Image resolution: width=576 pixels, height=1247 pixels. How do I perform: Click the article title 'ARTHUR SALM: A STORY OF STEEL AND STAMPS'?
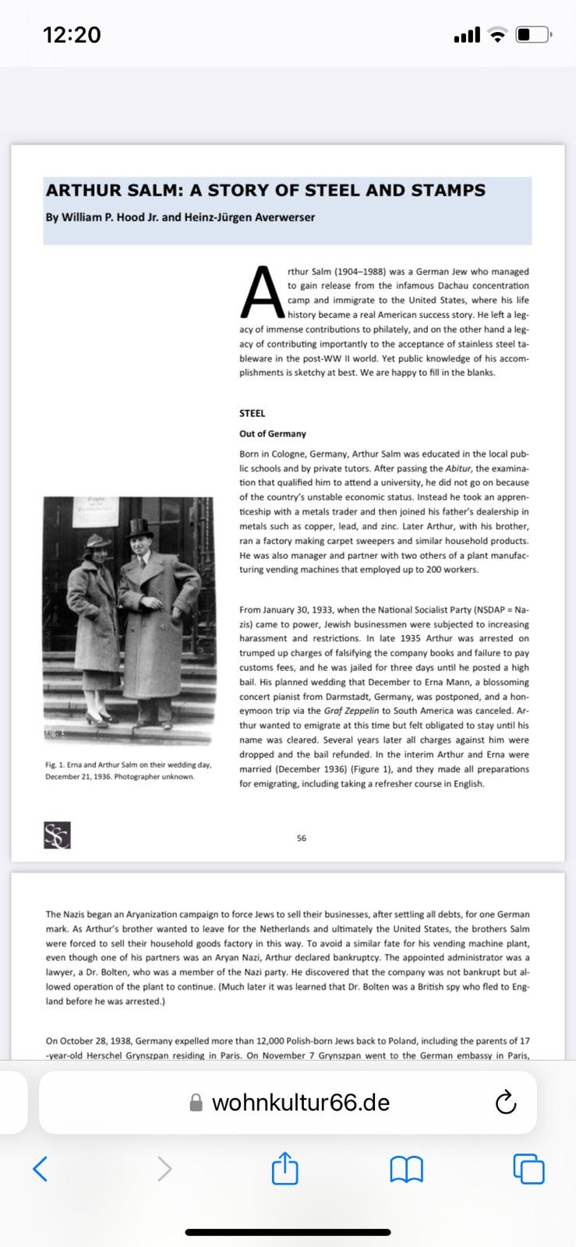265,190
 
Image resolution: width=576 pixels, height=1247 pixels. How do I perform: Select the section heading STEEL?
252,413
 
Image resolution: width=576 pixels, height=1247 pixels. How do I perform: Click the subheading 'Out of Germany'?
272,433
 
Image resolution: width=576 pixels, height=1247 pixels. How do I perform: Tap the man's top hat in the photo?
140,528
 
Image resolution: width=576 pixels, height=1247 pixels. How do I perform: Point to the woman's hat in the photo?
98,540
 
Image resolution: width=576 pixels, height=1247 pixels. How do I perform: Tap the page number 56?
302,838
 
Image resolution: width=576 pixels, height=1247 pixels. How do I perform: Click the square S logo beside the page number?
57,835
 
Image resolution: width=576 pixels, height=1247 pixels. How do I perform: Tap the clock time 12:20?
72,34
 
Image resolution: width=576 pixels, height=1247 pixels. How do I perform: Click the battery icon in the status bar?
534,34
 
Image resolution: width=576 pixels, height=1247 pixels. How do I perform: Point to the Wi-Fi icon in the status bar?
497,34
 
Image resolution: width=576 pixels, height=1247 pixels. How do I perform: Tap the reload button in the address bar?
506,1102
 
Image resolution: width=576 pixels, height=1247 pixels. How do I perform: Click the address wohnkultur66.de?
301,1102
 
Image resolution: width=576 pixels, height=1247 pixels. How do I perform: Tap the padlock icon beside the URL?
196,1103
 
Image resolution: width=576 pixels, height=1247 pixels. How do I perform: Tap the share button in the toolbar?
284,1168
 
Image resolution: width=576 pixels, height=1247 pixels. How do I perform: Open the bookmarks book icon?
406,1169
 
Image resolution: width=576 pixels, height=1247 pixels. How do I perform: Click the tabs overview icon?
528,1169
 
